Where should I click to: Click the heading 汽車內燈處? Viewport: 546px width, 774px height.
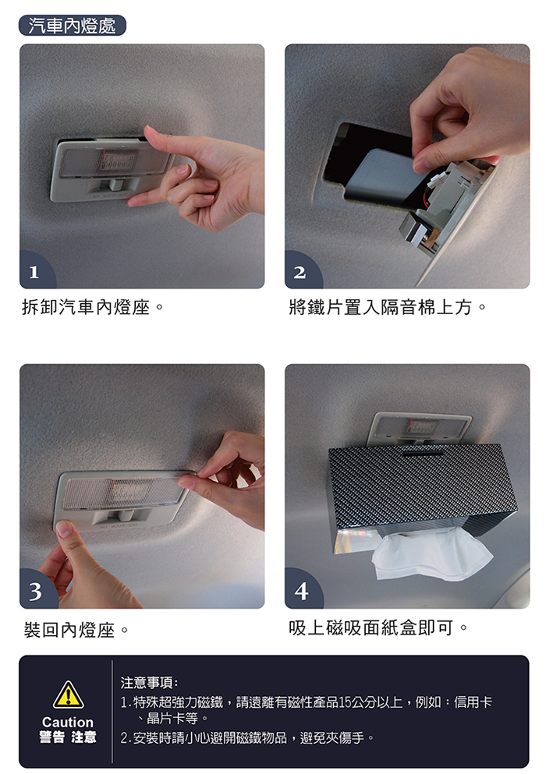tap(72, 26)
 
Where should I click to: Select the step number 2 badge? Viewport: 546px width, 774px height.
tap(301, 271)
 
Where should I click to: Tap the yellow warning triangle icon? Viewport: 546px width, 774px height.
tap(68, 695)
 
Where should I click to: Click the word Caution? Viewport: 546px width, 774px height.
tap(68, 723)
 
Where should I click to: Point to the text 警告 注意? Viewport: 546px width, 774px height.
tap(68, 737)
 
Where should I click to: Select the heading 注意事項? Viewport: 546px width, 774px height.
tap(149, 683)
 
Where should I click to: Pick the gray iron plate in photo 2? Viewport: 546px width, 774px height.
tap(383, 175)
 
